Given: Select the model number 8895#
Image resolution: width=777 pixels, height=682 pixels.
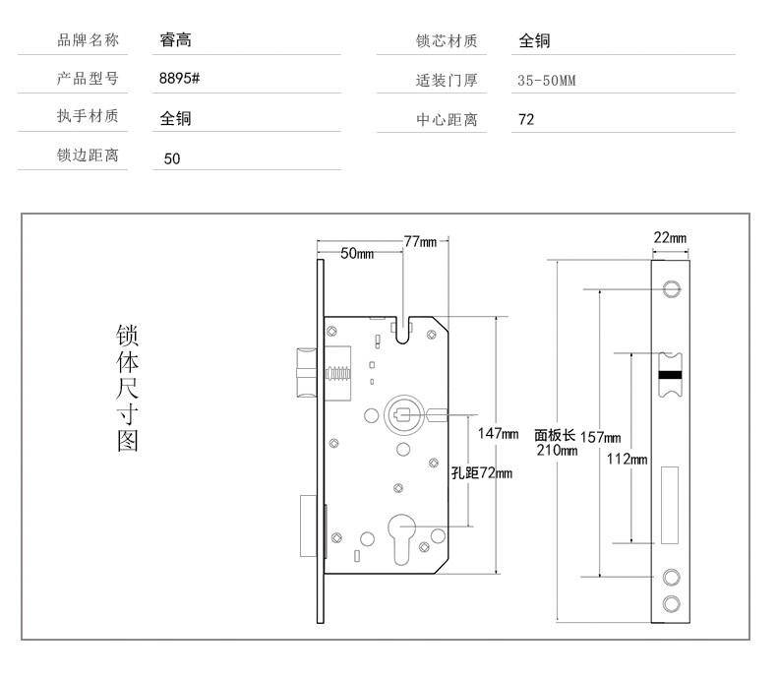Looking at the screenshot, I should [x=180, y=80].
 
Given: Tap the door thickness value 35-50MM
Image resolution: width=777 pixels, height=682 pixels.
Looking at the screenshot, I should [x=546, y=81].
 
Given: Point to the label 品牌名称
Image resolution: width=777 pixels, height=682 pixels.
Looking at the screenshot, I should [x=89, y=40].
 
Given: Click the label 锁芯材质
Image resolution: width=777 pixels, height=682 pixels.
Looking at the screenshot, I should [x=447, y=40].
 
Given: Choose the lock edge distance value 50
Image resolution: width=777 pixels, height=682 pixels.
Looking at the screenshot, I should [x=172, y=157].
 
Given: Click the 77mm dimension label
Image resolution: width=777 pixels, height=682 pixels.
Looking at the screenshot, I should [x=420, y=242].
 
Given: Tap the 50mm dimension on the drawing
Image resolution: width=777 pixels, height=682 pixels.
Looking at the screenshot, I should [x=357, y=254].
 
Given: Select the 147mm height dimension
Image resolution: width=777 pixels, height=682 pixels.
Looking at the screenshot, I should [x=498, y=433].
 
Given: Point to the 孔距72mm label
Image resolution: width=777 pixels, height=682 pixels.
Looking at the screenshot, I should [x=482, y=473].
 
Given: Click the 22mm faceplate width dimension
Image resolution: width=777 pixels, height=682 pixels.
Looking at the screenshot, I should [x=669, y=237].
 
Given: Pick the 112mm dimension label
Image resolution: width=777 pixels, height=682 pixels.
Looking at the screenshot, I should [x=627, y=459].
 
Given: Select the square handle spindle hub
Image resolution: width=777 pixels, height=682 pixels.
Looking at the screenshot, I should [x=401, y=414].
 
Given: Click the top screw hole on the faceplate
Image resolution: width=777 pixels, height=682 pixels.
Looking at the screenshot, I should [x=673, y=288].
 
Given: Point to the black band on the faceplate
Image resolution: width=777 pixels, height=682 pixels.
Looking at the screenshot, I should [x=673, y=375].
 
